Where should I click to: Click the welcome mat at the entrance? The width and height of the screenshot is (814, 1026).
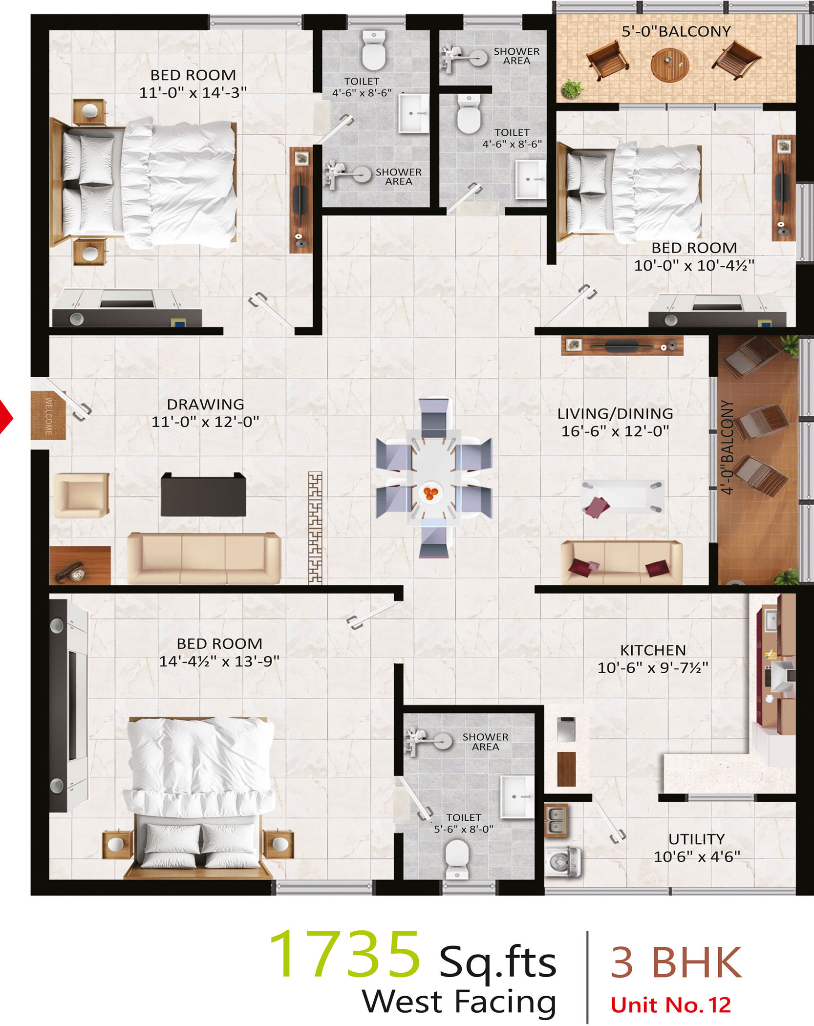(x=48, y=416)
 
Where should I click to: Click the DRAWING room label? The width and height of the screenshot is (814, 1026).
(x=205, y=404)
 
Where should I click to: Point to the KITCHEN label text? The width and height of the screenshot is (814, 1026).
(x=653, y=650)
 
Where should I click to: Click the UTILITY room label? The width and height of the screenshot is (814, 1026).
(x=696, y=839)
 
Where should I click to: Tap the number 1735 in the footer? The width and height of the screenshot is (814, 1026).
(x=344, y=955)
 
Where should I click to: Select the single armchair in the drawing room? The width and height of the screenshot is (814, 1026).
(x=81, y=495)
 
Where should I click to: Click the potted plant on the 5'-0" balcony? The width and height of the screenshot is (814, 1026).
(x=571, y=89)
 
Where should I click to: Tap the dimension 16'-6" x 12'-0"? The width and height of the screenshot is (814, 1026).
(x=615, y=431)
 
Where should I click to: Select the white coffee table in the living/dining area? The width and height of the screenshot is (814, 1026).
(x=622, y=496)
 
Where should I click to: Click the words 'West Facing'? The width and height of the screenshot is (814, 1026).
(x=459, y=1002)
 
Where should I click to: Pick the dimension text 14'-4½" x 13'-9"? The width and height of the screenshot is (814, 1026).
(x=219, y=661)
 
